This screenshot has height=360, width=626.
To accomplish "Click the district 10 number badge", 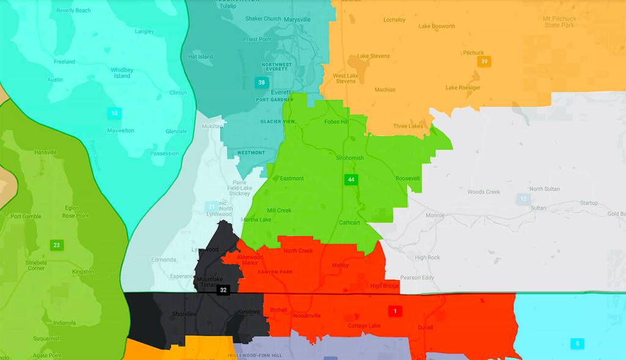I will pos(114,113).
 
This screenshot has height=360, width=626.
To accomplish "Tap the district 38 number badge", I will pos(261,82).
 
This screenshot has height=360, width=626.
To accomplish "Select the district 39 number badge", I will pos(484,62).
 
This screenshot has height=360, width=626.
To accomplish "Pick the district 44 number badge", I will pos(350,180).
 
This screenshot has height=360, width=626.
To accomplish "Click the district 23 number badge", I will pos(56,245).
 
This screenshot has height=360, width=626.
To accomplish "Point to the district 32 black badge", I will pos(223,290).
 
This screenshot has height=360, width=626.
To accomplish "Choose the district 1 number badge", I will pos(395,311).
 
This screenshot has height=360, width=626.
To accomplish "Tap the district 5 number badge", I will pos(576,343).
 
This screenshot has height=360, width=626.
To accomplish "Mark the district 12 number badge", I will pos(523,199).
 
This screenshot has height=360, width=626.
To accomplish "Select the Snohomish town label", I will pos(350,158).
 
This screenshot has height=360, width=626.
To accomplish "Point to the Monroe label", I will pos(435,215).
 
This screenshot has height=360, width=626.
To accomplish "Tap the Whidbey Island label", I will pos(122,73).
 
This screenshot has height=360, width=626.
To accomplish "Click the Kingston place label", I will pos(83,271).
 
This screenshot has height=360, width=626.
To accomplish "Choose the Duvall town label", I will pos(425,328).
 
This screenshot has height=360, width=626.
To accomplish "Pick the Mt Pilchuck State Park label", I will pos(559,22).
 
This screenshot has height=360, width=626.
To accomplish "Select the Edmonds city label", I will pos(164,260).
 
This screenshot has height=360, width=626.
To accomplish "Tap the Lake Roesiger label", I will pos(463,87).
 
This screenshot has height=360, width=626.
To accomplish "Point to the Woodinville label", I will pos(306,316).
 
